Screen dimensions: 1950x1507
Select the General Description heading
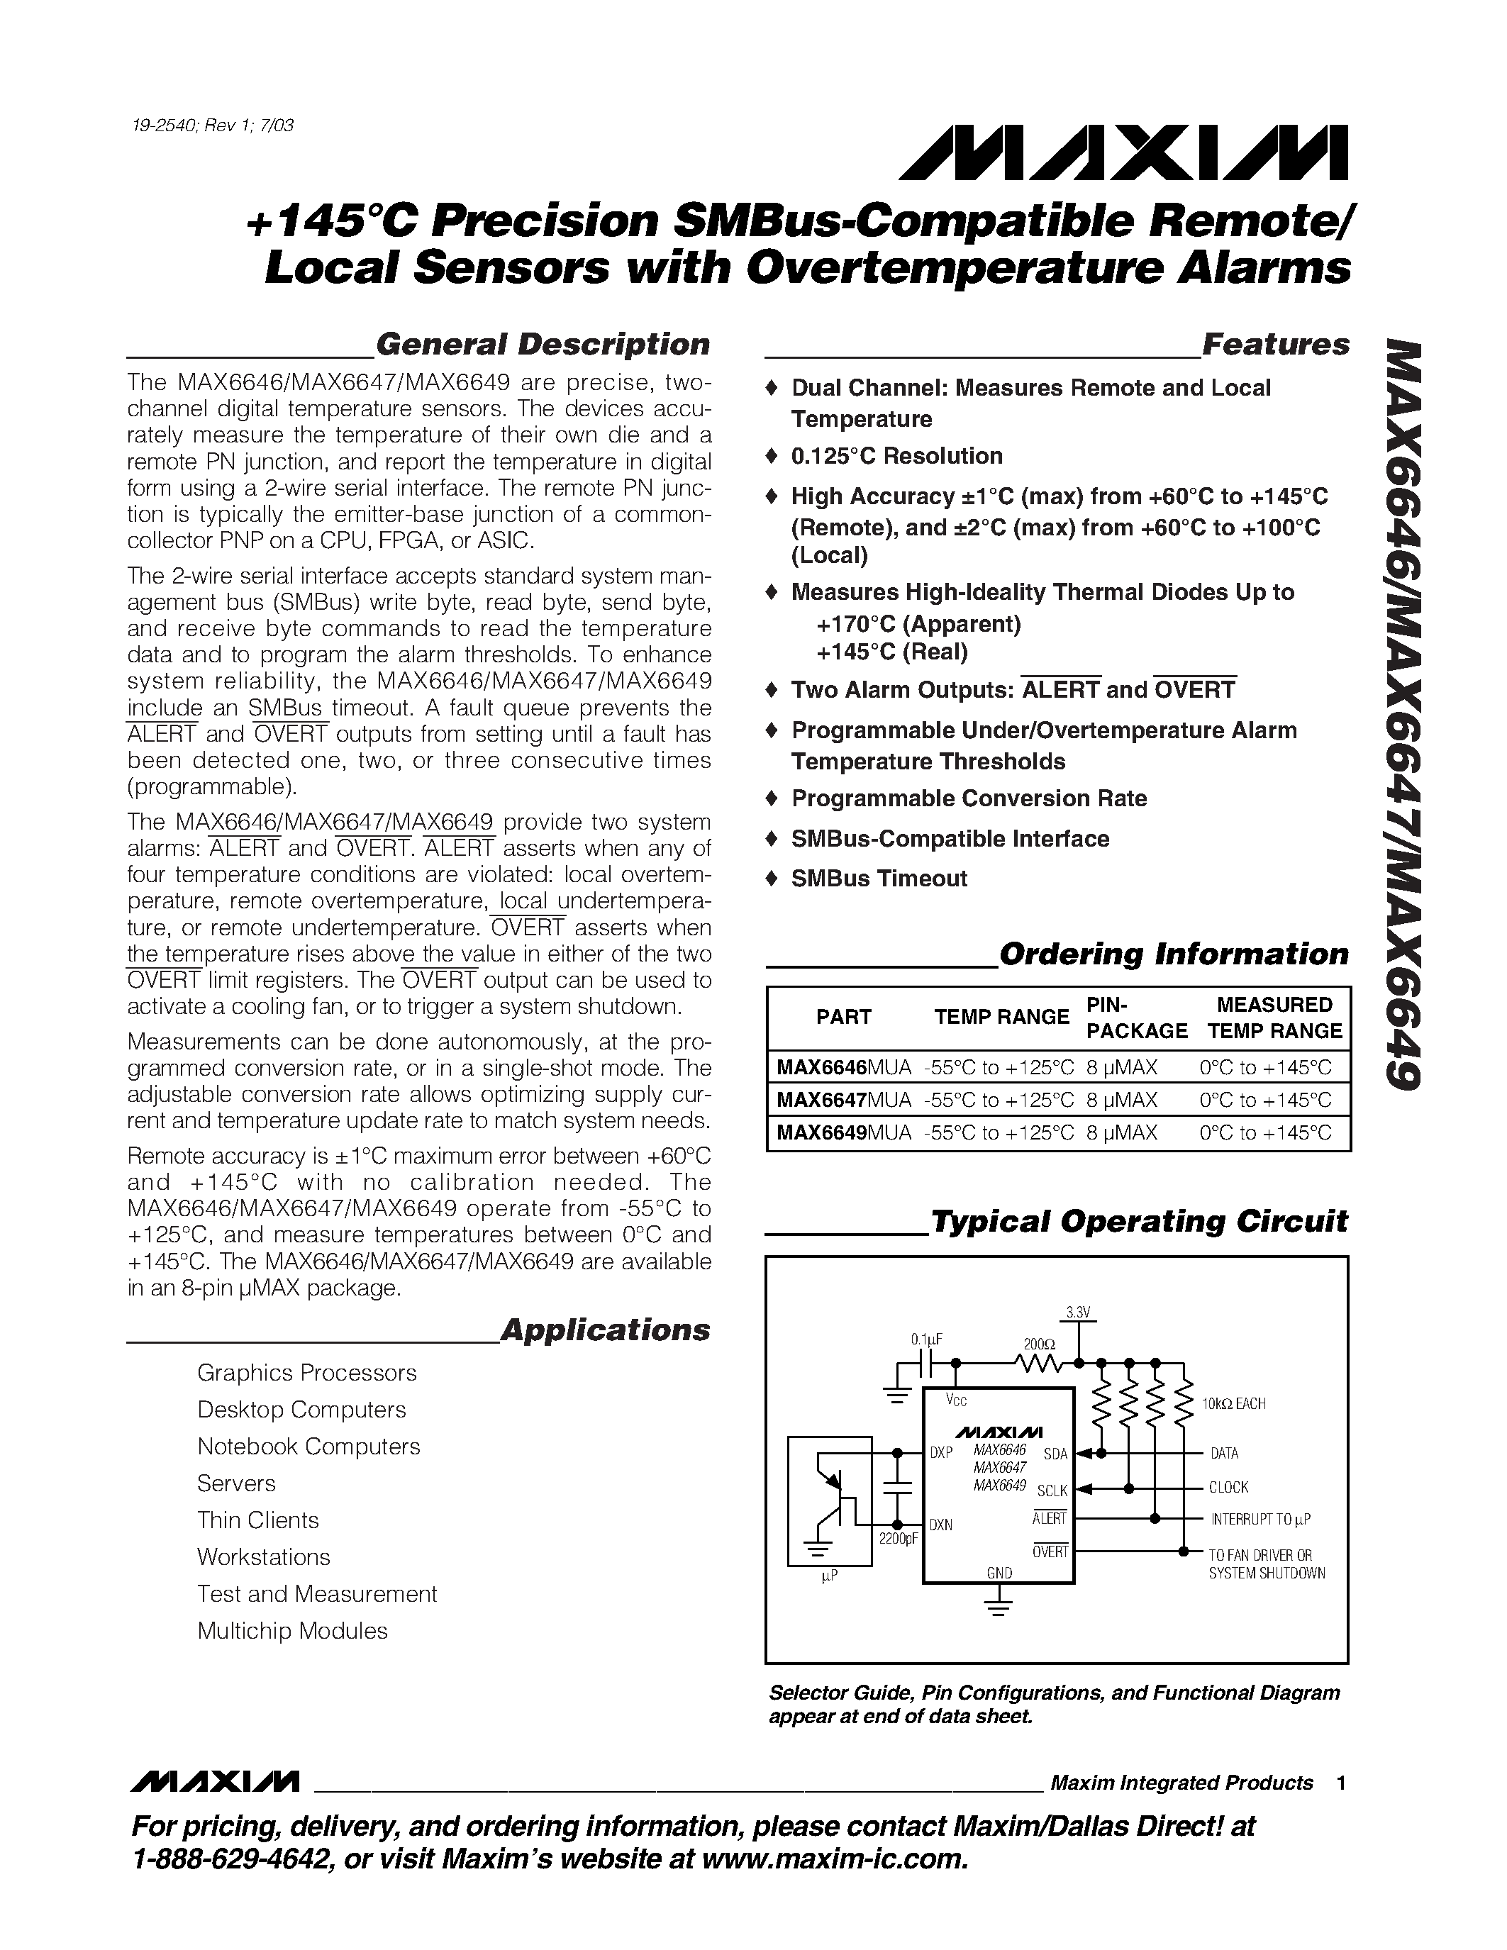coord(542,345)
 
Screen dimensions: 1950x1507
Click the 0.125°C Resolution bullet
coord(896,456)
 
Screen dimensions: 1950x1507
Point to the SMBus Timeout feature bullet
coord(879,879)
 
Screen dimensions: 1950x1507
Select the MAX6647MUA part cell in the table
coord(844,1100)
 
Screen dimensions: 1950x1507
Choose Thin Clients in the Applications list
coord(257,1520)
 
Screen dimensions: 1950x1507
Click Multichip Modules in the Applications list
coord(292,1631)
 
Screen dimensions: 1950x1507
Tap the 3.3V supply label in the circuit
coord(1079,1313)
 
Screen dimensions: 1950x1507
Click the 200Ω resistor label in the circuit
coord(1039,1344)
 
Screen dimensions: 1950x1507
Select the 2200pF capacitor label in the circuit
coord(898,1539)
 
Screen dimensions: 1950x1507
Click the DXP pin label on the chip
coord(941,1453)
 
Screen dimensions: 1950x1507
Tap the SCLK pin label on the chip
coord(1052,1491)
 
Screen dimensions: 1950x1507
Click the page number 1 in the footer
coord(1341,1783)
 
